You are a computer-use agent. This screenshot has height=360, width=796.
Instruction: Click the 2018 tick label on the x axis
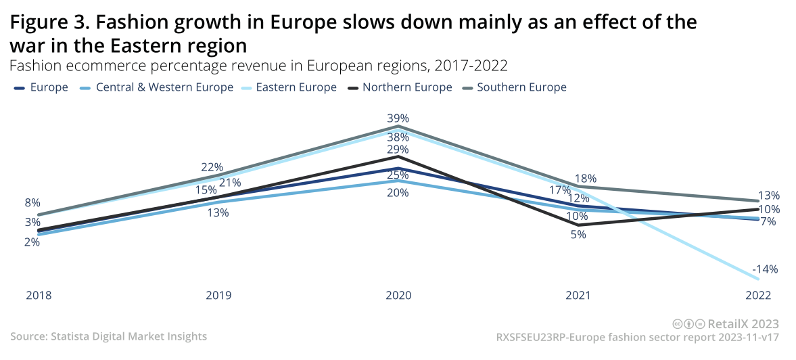tap(39, 296)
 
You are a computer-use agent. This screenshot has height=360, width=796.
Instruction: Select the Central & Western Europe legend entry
tap(164, 87)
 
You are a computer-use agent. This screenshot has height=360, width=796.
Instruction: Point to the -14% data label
tap(766, 269)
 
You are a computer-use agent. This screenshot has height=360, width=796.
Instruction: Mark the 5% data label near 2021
tap(578, 235)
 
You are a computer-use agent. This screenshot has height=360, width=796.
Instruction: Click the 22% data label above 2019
tap(212, 168)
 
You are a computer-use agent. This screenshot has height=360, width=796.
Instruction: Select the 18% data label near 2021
tap(586, 179)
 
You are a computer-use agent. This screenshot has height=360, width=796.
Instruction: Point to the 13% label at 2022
tap(769, 195)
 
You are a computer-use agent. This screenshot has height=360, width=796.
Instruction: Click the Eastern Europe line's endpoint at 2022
tap(759, 279)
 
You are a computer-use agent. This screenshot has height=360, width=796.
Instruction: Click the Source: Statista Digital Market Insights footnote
tap(109, 336)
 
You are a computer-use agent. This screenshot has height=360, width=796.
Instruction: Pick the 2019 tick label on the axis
tap(218, 296)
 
